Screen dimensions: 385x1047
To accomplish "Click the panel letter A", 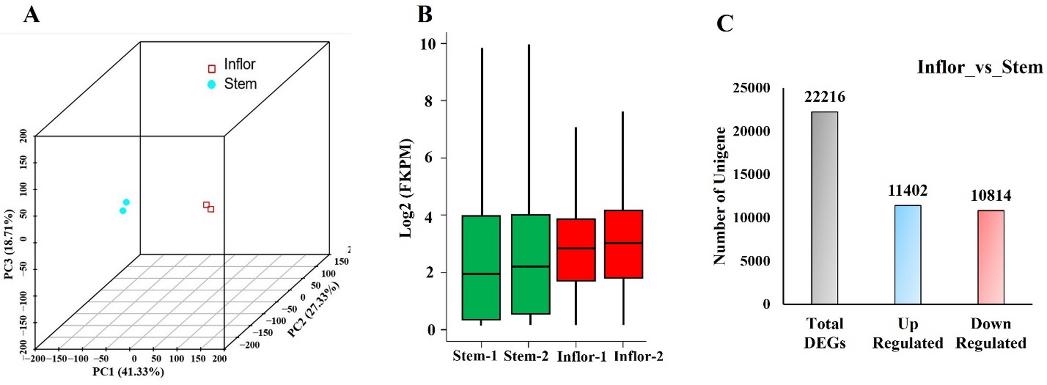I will tap(31, 15).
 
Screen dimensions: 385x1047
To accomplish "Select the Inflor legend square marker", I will tap(212, 69).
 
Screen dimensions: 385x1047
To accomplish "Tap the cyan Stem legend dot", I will tap(211, 84).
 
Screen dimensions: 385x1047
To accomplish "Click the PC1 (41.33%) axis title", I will tap(128, 372).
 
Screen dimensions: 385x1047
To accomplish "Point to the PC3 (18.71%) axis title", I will tap(9, 244).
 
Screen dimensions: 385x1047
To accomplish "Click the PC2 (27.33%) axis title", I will tap(313, 309).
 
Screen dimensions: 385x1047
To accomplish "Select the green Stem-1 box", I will tap(481, 267).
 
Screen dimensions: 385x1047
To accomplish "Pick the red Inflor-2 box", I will tap(623, 244).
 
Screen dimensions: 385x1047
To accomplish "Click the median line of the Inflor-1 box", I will tap(576, 249).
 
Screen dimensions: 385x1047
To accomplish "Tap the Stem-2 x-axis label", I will tap(526, 356).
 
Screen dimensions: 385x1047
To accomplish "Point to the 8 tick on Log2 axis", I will tap(429, 101).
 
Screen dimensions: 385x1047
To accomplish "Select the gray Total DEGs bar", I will tap(824, 208).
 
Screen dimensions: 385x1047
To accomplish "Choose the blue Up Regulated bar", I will tap(907, 255).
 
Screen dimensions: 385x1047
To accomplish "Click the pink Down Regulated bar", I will tap(990, 257).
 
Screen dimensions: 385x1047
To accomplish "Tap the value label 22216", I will tap(824, 97).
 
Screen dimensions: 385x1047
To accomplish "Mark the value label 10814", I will tap(991, 196).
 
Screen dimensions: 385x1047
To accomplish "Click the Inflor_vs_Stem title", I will tap(979, 67).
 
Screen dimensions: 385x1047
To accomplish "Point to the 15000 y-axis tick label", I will tap(751, 175).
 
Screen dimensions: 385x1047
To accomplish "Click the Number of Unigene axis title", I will tap(720, 196).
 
